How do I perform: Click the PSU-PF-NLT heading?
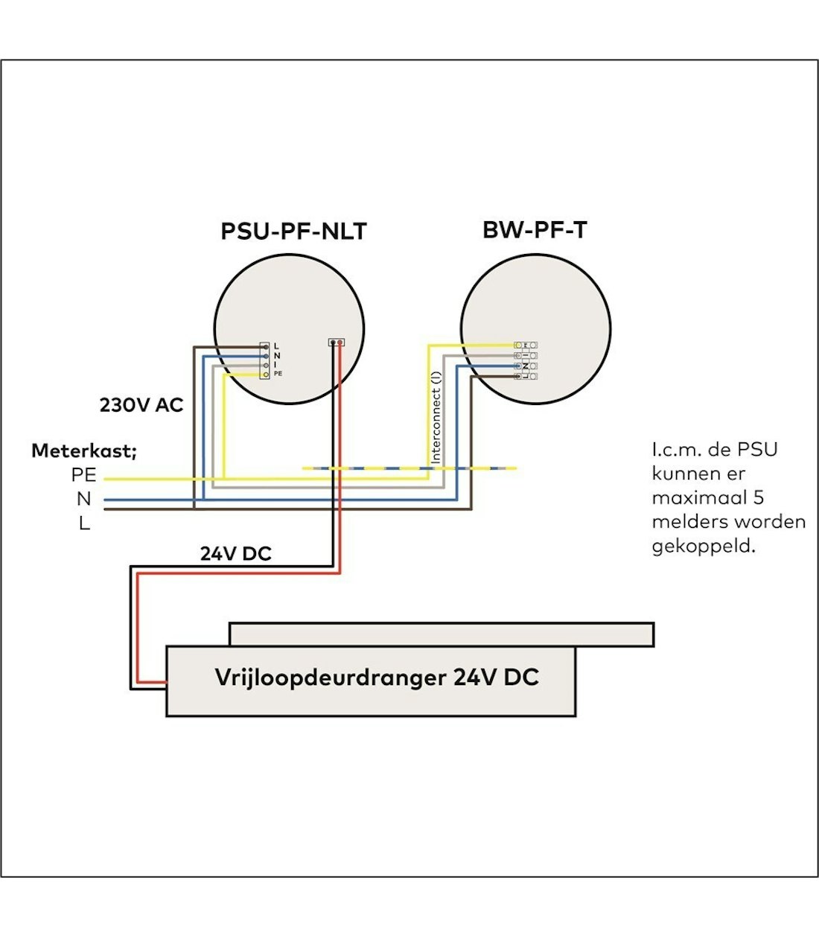(293, 231)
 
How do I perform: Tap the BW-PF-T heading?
(534, 230)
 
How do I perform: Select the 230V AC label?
(141, 405)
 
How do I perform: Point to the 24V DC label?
(235, 554)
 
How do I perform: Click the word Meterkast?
(84, 451)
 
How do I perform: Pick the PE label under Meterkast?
(84, 475)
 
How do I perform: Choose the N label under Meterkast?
(83, 499)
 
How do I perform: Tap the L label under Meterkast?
(84, 523)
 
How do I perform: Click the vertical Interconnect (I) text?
(436, 417)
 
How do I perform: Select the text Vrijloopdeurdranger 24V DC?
(377, 678)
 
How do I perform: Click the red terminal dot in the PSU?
(340, 343)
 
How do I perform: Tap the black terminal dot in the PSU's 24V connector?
(332, 343)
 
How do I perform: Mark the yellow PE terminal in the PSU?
(265, 374)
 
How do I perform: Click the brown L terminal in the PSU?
(265, 347)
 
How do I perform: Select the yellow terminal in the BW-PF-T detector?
(518, 345)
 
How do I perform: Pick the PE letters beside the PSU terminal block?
(278, 374)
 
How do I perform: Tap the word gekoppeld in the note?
(703, 546)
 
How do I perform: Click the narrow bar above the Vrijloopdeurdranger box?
(441, 634)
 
